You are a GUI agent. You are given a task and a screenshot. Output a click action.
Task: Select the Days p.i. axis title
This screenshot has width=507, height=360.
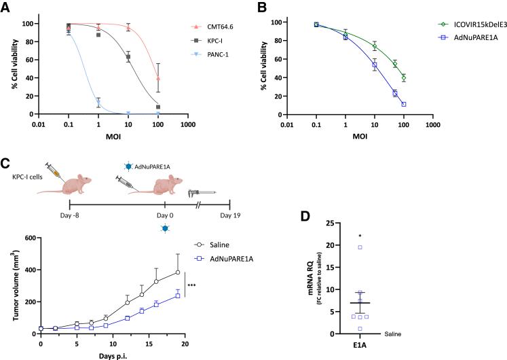point(117,356)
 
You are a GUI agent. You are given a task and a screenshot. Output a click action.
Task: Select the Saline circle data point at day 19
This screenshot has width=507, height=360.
point(178,272)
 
